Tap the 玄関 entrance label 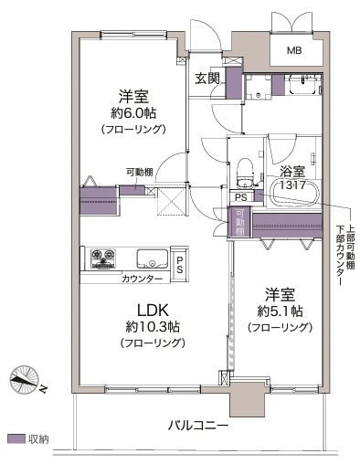[206, 79]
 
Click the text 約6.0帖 [132, 113]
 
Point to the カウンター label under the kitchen [142, 278]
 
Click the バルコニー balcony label [198, 426]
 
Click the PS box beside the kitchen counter [180, 263]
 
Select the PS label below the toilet [240, 196]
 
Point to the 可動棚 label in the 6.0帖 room [140, 172]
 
